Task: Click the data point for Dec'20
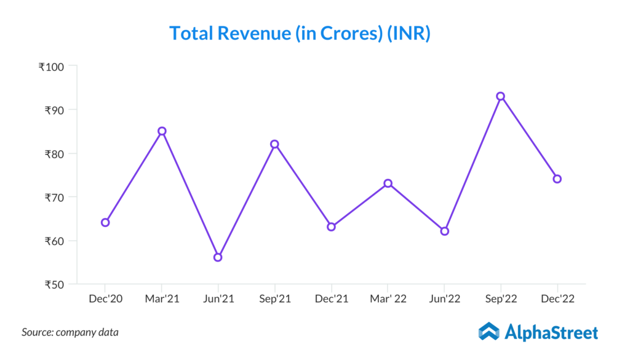coord(105,222)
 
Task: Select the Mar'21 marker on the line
coord(162,131)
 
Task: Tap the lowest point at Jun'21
coord(218,257)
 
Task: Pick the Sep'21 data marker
coord(274,144)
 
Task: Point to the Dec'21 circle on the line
coord(331,226)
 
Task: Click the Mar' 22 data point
coord(388,183)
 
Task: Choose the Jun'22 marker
coord(445,231)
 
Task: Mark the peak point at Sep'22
coord(501,96)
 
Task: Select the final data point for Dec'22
coord(557,179)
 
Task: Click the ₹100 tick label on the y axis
coord(54,66)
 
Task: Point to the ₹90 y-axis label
coord(56,110)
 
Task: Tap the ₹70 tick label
coord(56,198)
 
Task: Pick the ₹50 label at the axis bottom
coord(56,285)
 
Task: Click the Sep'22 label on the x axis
coord(501,299)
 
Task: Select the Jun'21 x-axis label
coord(218,299)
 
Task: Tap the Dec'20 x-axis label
coord(105,299)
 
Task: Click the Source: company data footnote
coord(70,332)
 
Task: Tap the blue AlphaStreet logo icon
coord(489,332)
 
